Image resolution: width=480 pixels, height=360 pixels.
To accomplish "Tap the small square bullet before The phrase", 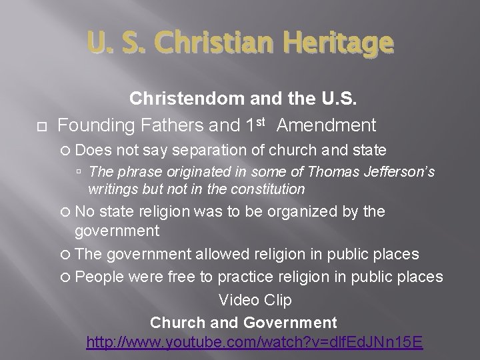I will click(x=79, y=172).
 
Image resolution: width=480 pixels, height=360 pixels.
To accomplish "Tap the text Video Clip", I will click(x=255, y=300).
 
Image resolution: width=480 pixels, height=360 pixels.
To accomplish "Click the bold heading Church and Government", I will click(x=243, y=323).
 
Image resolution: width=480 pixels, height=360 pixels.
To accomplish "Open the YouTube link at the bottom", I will click(x=255, y=344).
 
